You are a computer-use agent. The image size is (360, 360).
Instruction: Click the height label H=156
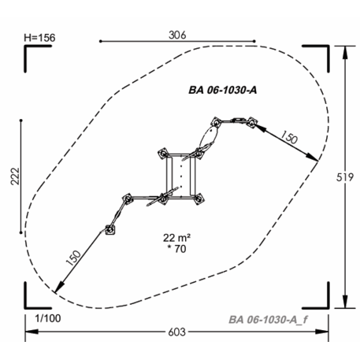click(x=39, y=38)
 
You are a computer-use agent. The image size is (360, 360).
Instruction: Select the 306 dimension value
click(x=177, y=35)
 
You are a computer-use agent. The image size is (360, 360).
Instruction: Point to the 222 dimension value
click(x=15, y=176)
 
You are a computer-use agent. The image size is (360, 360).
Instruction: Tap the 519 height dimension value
click(x=345, y=178)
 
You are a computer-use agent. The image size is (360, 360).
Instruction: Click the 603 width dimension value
click(x=177, y=332)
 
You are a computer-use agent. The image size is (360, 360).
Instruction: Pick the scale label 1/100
click(x=48, y=318)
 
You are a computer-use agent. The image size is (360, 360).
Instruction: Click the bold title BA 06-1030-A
click(x=223, y=90)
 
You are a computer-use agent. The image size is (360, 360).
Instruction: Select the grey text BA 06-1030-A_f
click(x=268, y=320)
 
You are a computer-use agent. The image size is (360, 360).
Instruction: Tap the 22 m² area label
click(x=176, y=238)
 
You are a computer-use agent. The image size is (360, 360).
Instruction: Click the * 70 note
click(x=176, y=249)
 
